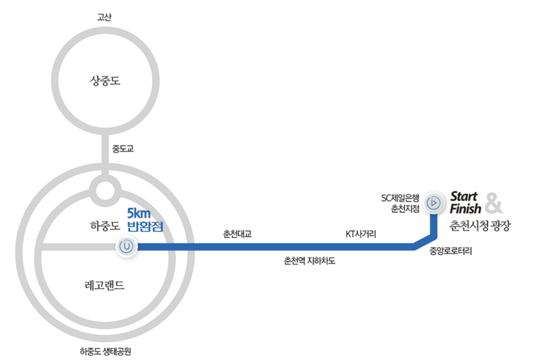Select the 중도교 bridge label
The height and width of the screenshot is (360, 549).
[x=122, y=149]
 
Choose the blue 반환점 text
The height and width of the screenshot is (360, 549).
[x=144, y=226]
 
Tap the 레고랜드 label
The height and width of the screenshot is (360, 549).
[x=105, y=285]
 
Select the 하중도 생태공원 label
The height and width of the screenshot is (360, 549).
[x=105, y=351]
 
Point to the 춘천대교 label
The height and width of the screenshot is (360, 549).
[x=237, y=234]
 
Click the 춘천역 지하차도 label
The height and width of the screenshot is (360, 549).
[x=310, y=261]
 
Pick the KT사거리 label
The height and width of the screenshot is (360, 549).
[x=361, y=234]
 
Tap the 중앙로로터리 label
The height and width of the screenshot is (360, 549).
[x=451, y=251]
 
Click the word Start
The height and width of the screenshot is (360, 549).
[x=464, y=196]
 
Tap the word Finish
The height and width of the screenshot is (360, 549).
[x=465, y=208]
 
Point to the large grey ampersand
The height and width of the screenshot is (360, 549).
[x=494, y=203]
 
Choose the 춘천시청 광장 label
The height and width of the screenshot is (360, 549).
[x=479, y=226]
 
